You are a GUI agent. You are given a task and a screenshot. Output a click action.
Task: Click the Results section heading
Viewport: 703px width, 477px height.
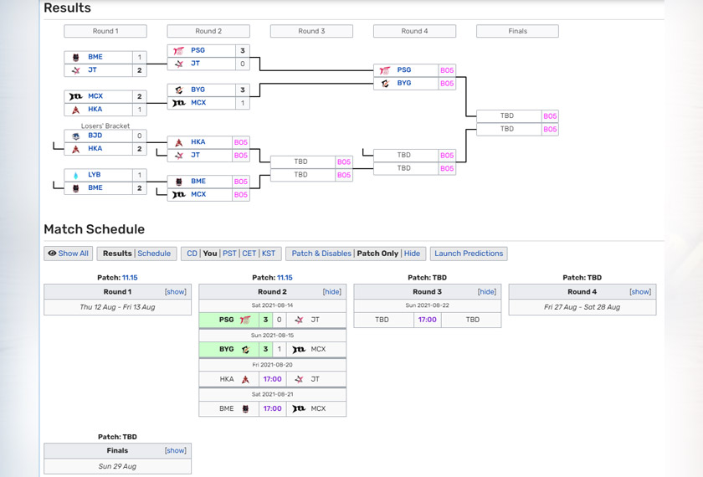(67, 8)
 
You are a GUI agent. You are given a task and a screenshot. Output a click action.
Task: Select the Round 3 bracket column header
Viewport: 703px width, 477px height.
(311, 31)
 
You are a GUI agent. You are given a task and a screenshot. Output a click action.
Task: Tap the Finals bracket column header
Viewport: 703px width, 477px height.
(517, 31)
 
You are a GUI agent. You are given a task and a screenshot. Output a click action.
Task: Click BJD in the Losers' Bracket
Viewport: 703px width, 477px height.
(95, 136)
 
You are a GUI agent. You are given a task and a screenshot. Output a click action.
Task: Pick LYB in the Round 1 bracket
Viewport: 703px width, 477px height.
(94, 175)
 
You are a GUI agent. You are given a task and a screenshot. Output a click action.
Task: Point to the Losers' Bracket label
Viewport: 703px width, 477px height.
(105, 126)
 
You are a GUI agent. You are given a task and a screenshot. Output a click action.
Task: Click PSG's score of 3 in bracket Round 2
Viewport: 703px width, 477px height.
(243, 50)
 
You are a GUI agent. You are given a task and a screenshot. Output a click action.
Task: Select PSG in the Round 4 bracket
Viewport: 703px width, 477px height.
(403, 70)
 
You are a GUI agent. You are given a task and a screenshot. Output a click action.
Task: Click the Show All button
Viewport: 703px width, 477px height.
(68, 254)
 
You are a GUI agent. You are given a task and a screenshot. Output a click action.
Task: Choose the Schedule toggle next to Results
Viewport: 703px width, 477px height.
(154, 254)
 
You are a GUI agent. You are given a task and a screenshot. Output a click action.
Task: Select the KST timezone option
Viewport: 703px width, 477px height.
(268, 254)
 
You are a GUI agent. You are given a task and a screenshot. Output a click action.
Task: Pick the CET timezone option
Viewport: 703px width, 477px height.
(249, 254)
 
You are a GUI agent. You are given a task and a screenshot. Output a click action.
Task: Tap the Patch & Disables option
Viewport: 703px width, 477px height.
(321, 254)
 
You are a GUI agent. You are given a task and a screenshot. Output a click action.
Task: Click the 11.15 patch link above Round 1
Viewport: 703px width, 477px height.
(130, 278)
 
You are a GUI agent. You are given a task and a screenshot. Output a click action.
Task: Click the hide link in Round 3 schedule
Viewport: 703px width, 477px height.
(486, 292)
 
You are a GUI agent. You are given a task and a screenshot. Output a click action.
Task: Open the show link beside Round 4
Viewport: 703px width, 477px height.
(640, 292)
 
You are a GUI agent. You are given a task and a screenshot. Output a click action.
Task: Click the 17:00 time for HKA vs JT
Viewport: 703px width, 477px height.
(272, 379)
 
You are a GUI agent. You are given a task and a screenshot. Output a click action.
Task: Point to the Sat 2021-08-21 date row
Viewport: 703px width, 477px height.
(272, 394)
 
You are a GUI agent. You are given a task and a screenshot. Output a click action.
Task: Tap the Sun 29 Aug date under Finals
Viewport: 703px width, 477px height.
(117, 466)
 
